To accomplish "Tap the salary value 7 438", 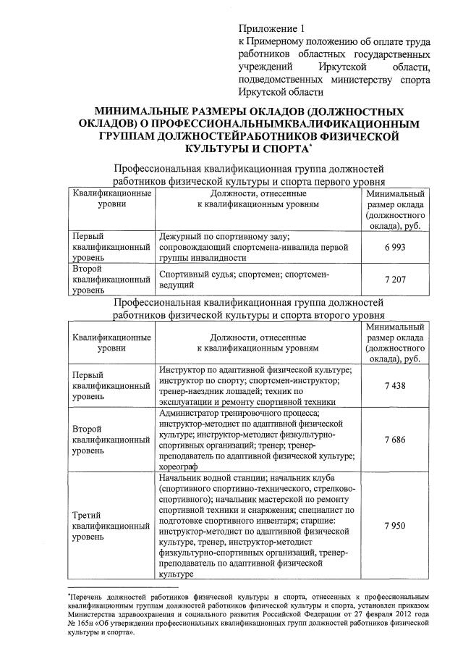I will (393, 386).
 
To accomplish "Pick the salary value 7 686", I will (393, 440).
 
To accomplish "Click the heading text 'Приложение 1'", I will (268, 28).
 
